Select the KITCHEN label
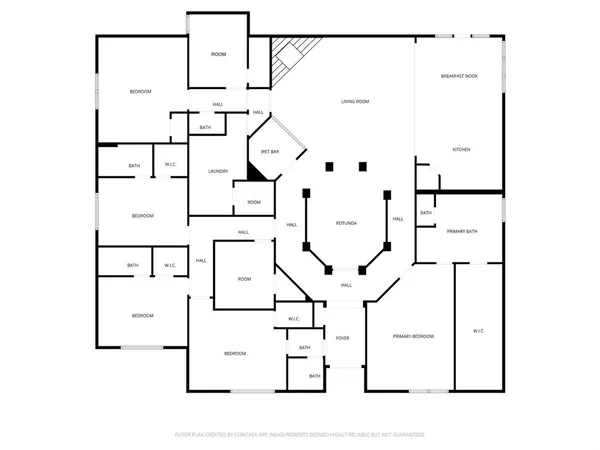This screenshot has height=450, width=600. (461, 150)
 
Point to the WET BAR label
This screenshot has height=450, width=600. (269, 151)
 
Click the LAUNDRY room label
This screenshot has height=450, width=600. (218, 171)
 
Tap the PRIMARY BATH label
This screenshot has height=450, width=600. (461, 232)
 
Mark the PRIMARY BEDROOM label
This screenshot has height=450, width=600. (413, 337)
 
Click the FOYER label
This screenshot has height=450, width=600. (342, 338)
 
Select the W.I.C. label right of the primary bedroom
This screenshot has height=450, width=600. (478, 331)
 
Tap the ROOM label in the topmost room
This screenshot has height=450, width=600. (218, 55)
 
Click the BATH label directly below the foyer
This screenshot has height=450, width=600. (315, 376)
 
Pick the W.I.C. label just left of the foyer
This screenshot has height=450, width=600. (294, 319)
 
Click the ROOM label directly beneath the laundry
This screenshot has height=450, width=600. (254, 202)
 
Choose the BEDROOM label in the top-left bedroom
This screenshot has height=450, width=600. (140, 92)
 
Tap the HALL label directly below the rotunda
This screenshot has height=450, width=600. (346, 285)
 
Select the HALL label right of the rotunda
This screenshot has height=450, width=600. (397, 219)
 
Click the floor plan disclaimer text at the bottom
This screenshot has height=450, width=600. (300, 435)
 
